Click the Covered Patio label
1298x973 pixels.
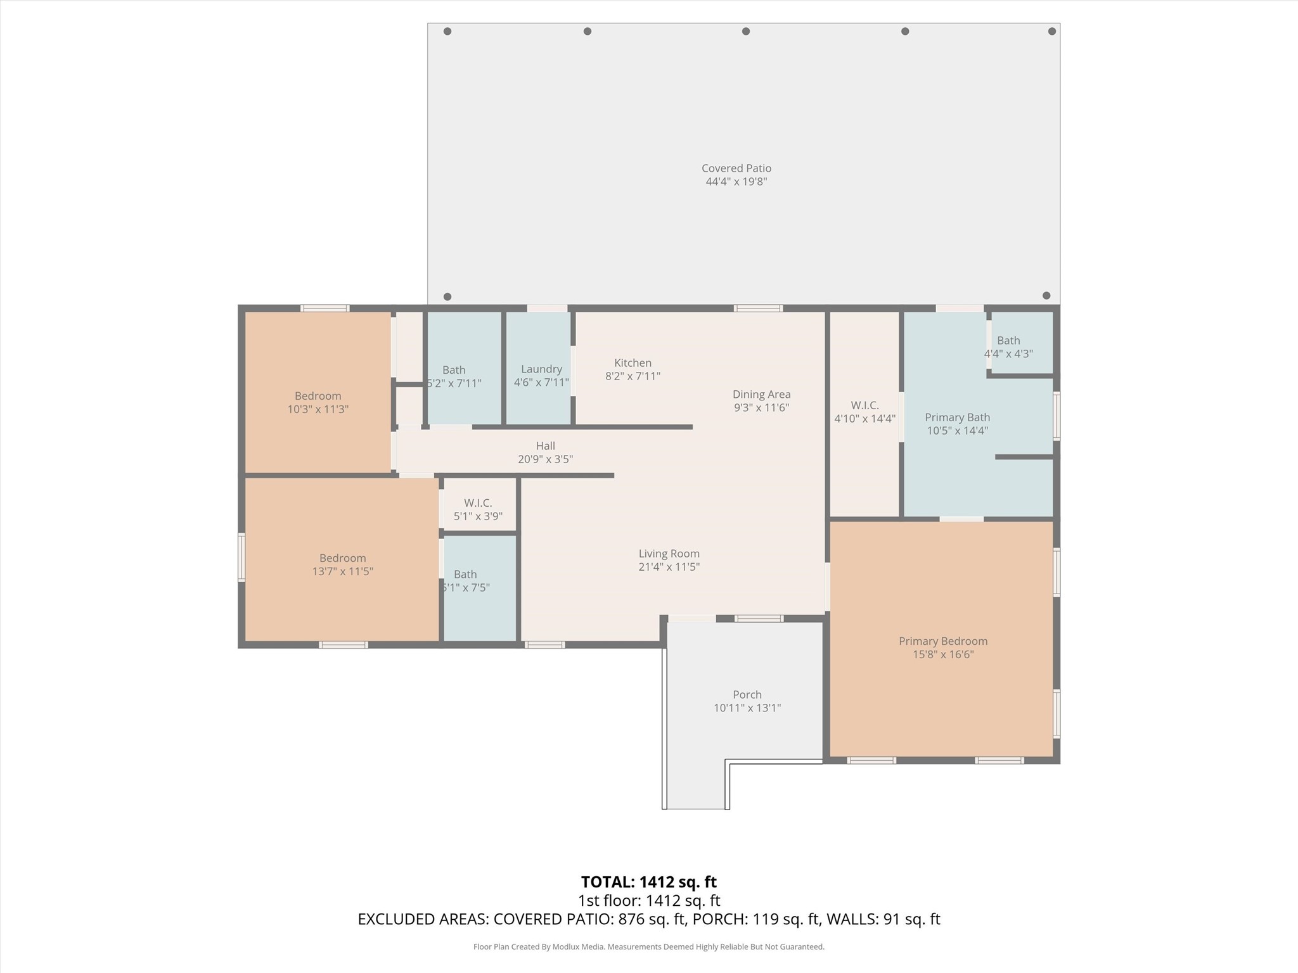736,169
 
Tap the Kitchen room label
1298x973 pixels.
633,363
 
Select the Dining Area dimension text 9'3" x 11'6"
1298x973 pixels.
761,408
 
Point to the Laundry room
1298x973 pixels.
539,368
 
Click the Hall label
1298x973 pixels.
545,446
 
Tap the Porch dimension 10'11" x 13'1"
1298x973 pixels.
747,708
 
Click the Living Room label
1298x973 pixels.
669,554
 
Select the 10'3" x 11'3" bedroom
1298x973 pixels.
318,392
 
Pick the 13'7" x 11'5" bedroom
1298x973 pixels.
342,560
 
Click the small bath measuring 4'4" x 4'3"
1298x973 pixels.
1022,343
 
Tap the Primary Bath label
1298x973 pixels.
957,417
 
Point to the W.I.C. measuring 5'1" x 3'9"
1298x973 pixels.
479,504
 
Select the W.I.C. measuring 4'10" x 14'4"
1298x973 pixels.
864,414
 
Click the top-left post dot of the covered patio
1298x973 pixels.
447,31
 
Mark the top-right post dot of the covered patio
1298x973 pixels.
1052,31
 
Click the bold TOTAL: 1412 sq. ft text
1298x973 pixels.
649,882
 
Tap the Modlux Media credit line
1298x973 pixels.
649,947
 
